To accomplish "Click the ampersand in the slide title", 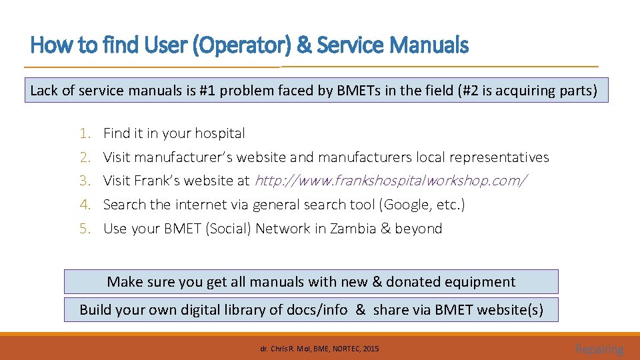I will tap(303, 45).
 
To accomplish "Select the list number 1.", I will tap(84, 133).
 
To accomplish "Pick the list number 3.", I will tap(85, 181).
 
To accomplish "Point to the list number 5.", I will tap(85, 229).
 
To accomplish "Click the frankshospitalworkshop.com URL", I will tap(391, 181).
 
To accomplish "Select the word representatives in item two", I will tap(499, 157).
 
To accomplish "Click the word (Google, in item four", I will tap(406, 205).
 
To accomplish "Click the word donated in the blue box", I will tap(416, 282).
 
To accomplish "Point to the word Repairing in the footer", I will tap(599, 349).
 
